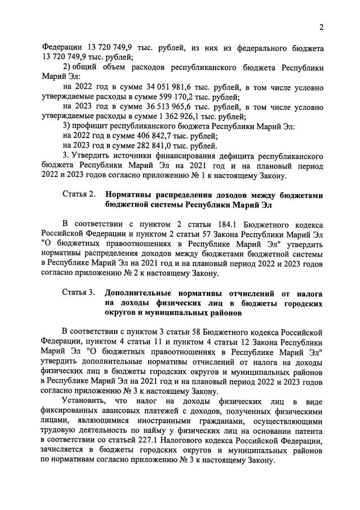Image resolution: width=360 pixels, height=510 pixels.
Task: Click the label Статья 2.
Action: click(79, 195)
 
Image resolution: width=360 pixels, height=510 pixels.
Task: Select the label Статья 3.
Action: click(79, 294)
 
